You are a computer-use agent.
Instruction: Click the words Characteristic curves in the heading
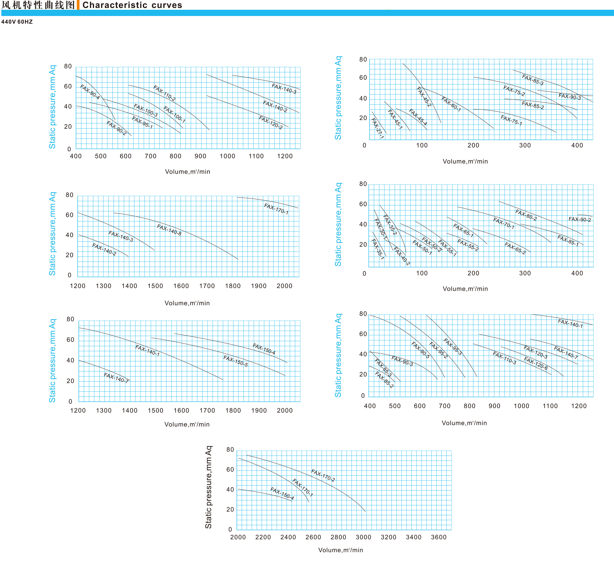[x=132, y=5]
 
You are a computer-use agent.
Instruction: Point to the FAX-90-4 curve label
[x=90, y=92]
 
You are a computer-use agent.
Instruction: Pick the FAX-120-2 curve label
[x=271, y=122]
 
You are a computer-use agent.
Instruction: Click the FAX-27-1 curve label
[x=378, y=129]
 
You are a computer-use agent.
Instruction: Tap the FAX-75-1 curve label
[x=511, y=120]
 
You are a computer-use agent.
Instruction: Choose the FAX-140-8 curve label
[x=169, y=230]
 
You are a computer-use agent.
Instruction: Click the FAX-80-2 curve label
[x=526, y=215]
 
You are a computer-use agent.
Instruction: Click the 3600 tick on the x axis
[x=439, y=537]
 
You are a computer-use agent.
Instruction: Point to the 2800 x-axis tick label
[x=338, y=537]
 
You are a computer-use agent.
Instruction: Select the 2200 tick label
[x=263, y=537]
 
